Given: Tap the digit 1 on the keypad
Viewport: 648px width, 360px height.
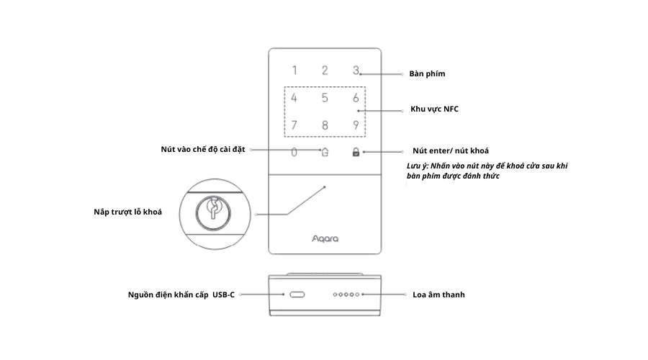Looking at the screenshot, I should click(294, 71).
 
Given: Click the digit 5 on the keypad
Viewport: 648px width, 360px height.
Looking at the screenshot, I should click(325, 99).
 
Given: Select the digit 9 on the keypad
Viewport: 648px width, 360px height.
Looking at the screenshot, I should click(356, 125).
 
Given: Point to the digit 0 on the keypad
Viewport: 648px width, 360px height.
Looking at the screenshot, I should click(294, 152).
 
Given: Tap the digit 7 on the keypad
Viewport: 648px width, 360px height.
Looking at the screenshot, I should click(294, 125).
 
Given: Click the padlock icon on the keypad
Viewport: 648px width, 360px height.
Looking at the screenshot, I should click(355, 152).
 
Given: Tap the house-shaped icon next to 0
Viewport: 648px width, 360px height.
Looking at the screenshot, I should click(325, 152).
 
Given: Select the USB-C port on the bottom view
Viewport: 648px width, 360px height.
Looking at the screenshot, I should click(297, 294).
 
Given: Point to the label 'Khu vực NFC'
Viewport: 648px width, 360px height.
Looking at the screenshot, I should click(434, 109).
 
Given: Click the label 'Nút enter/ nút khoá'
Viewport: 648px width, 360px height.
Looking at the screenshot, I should click(451, 150).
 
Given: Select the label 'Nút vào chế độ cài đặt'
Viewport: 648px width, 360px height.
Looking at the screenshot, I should click(203, 149).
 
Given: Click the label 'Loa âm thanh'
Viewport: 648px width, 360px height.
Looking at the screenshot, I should click(438, 294).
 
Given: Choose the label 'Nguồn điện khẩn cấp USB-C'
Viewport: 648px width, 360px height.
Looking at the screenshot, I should click(181, 294).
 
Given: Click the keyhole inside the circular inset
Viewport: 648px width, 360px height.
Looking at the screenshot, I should click(212, 210).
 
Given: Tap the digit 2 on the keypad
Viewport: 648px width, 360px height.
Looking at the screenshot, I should click(325, 71).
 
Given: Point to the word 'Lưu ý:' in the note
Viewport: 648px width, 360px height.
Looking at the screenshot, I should click(418, 166).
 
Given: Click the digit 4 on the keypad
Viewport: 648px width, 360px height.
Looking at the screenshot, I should click(294, 99).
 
